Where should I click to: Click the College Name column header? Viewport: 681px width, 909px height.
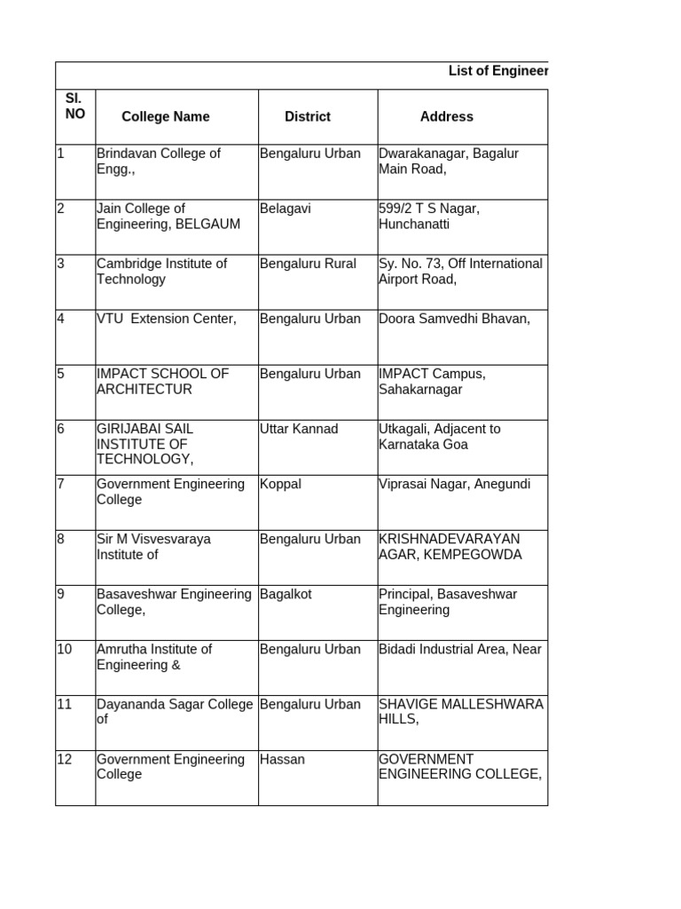[166, 116]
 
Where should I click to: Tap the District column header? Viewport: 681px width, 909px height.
[308, 116]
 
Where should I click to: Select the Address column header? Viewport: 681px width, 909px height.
[446, 116]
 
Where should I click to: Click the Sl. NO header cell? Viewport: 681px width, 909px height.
[75, 107]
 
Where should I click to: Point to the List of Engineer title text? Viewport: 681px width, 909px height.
[497, 71]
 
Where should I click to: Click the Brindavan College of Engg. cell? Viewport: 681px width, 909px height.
[159, 161]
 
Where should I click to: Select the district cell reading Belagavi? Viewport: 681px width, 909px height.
[286, 209]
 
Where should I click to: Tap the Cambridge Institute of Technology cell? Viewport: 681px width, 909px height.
[161, 271]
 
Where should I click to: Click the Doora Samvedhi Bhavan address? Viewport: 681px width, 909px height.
[454, 319]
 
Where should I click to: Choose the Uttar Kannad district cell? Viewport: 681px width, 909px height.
[299, 429]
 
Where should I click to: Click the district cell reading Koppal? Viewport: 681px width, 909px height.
[280, 484]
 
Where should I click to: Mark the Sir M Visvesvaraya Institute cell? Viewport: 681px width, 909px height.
[153, 546]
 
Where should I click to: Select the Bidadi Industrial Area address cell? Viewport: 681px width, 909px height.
[459, 649]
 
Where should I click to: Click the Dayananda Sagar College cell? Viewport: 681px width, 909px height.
[175, 711]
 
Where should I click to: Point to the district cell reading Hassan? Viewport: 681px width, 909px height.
[282, 759]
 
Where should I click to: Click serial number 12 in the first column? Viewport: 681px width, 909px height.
[65, 759]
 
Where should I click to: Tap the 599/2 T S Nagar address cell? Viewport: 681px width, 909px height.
[429, 216]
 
